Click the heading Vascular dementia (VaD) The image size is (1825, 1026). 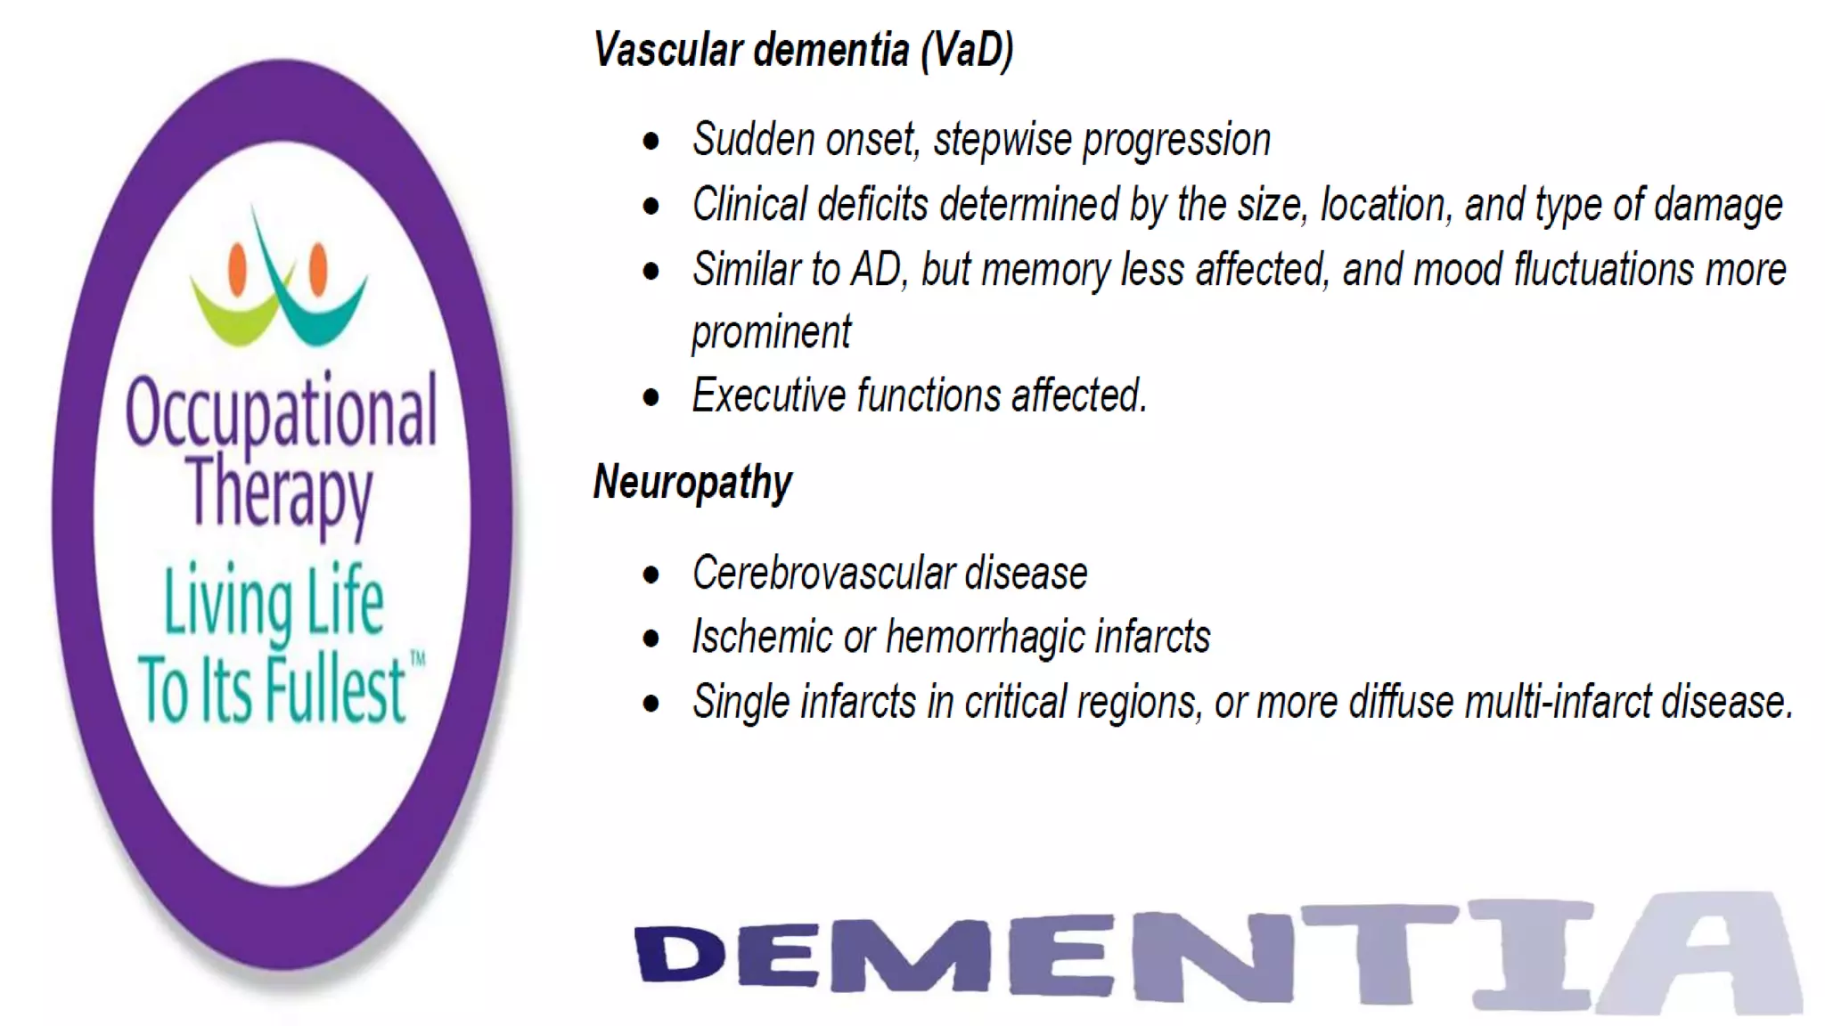[803, 50]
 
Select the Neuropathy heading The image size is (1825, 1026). [692, 483]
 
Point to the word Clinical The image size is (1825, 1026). [749, 205]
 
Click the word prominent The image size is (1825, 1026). [771, 333]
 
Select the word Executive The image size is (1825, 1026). [769, 395]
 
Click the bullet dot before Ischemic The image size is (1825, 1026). [651, 638]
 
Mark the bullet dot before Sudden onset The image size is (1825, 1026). [651, 141]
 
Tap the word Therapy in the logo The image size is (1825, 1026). [280, 492]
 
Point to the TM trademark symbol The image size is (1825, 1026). [417, 659]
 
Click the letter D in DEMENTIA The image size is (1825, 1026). [680, 954]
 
